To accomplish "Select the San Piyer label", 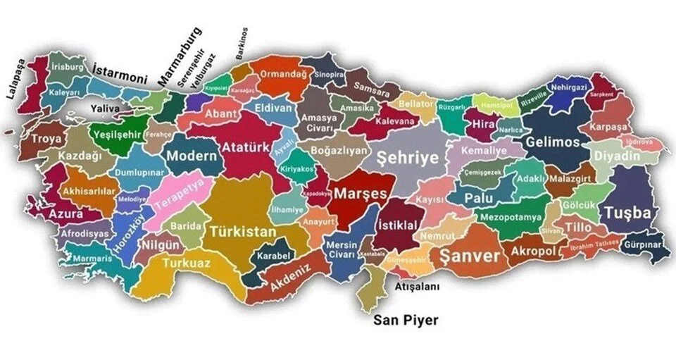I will click(405, 321).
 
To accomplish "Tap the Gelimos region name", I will click(553, 142).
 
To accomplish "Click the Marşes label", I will click(361, 192).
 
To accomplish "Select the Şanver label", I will click(469, 256).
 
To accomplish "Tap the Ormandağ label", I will click(284, 74).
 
